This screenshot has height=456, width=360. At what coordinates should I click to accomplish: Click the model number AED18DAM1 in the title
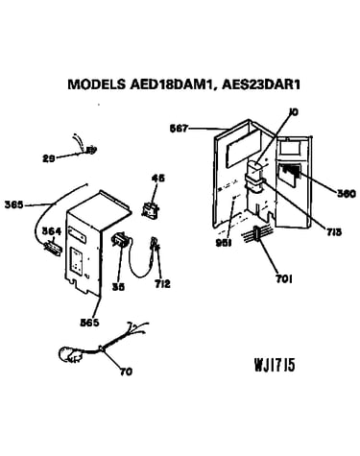[x=171, y=84]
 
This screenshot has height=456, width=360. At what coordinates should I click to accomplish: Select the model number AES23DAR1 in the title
[x=261, y=84]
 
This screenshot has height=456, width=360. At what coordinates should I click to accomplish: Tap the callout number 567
[x=179, y=129]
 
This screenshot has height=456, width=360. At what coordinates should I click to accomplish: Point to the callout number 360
[x=347, y=193]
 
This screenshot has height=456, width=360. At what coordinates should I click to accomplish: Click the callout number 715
[x=333, y=231]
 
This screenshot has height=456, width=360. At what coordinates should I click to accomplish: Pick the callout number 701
[x=284, y=279]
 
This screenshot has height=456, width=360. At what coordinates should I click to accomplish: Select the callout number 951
[x=224, y=243]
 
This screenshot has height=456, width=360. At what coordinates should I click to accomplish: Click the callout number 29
[x=49, y=158]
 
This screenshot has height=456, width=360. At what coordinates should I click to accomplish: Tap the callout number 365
[x=13, y=204]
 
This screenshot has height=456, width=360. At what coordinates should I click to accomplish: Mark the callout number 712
[x=162, y=283]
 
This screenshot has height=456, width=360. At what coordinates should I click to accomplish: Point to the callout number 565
[x=89, y=323]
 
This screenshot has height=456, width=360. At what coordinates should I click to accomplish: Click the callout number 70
[x=126, y=372]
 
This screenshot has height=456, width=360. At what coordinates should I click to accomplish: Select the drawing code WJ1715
[x=275, y=365]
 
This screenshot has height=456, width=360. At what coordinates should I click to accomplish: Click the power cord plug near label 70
[x=70, y=354]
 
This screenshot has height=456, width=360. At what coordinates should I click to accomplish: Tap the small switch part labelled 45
[x=151, y=210]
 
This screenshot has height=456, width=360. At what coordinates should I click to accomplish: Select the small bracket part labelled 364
[x=53, y=248]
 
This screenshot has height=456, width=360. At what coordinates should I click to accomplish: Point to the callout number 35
[x=118, y=287]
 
